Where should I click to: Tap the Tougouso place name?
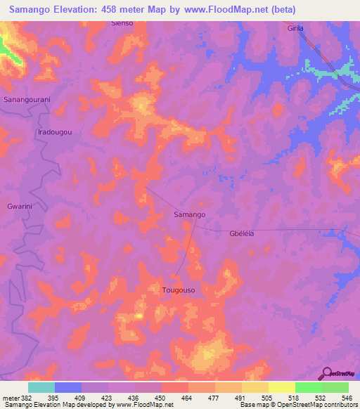tap(178, 290)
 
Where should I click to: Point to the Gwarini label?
tap(20, 207)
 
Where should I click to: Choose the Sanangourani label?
tap(27, 100)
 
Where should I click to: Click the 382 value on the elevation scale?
tap(22, 397)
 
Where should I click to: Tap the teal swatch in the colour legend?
tap(41, 387)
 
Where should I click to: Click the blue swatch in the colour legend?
tap(67, 387)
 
